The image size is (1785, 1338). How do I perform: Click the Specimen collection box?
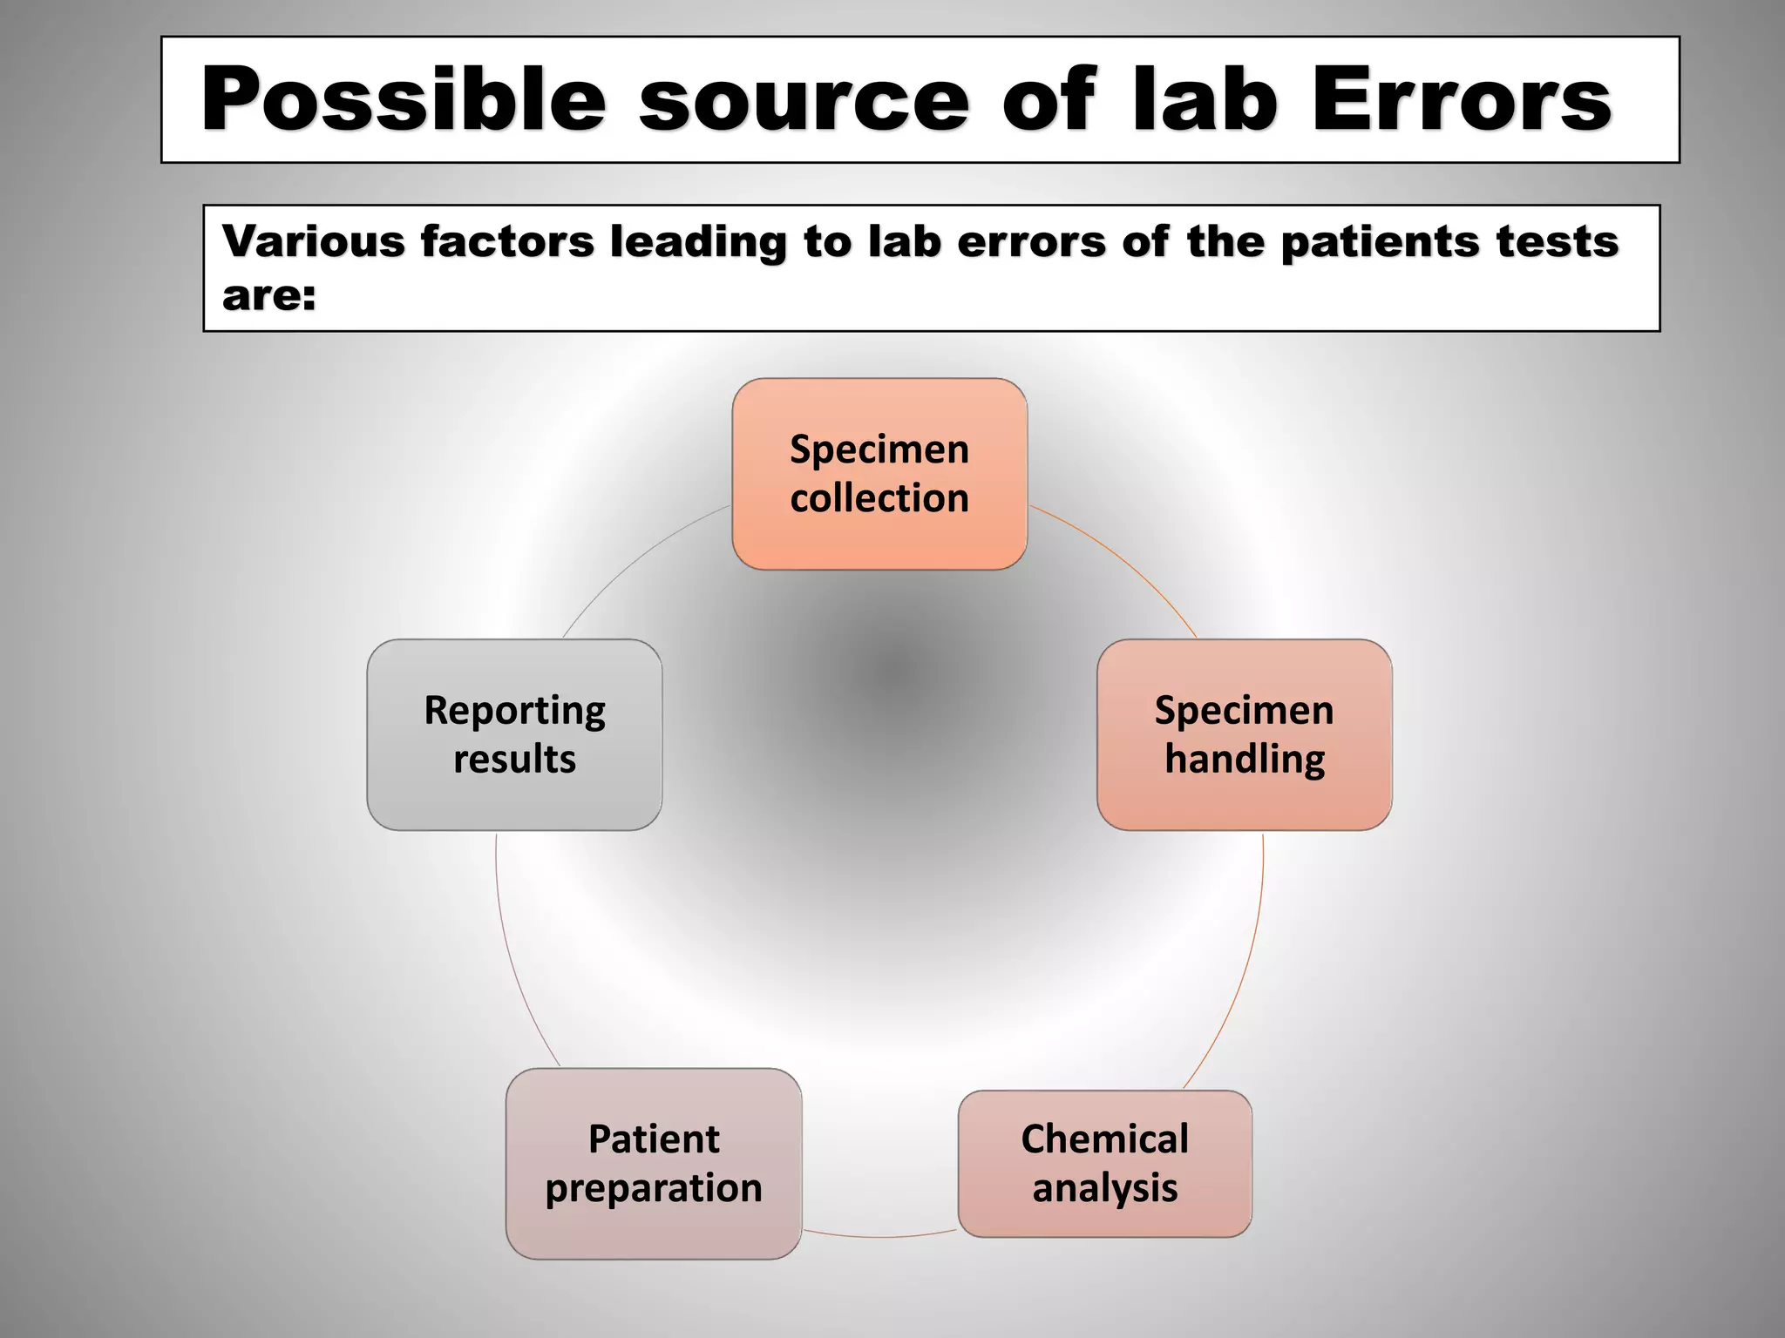tap(879, 474)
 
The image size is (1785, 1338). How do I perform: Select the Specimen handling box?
tap(1244, 734)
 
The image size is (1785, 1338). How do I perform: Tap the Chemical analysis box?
tap(1104, 1163)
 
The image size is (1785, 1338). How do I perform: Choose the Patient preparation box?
tap(654, 1163)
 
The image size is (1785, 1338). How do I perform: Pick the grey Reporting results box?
tap(514, 734)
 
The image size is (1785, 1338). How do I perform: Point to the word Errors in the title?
tap(1462, 100)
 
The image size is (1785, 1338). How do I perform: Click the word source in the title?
tap(804, 100)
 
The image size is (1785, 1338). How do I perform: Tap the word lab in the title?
tap(1204, 100)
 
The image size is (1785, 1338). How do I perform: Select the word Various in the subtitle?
tap(314, 241)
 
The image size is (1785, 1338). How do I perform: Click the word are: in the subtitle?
tap(268, 295)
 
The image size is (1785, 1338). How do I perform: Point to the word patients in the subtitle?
tap(1380, 241)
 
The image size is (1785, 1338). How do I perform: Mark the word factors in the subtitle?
tap(506, 241)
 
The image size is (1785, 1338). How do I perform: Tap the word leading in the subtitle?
tap(697, 241)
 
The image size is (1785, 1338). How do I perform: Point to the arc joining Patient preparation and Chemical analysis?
tap(879, 1236)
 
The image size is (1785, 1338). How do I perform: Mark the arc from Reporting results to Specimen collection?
tap(636, 557)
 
